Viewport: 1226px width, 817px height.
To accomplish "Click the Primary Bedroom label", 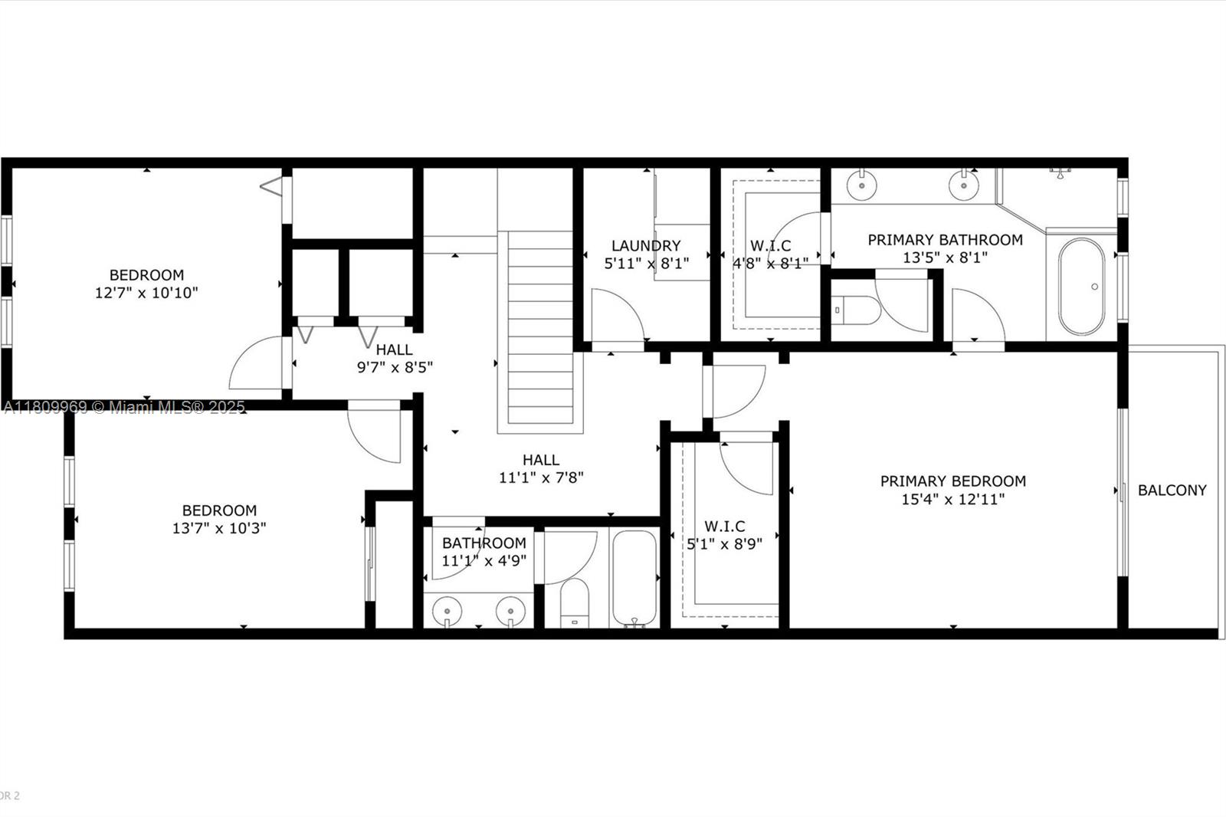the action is pos(953,481).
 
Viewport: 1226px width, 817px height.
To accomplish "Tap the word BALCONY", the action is pos(1172,490).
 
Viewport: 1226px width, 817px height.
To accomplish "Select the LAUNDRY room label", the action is pos(646,246).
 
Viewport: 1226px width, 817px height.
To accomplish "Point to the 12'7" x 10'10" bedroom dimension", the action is pos(146,293).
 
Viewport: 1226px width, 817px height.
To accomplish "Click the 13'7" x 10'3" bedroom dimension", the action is pos(219,528).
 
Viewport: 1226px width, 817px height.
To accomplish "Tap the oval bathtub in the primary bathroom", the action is pos(1081,287).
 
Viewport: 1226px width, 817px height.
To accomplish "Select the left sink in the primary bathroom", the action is pos(862,185).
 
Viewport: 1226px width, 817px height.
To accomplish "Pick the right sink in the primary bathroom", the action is pos(963,185).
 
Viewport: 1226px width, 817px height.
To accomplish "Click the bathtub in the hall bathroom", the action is pos(634,578).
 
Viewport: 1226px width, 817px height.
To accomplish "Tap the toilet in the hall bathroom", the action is pos(574,602).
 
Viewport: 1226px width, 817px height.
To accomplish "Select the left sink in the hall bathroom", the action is pos(447,611).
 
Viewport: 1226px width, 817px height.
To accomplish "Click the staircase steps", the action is pos(540,327).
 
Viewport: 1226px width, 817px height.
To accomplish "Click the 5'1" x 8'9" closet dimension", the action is pos(724,544).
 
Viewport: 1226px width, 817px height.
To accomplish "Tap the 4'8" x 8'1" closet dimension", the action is pos(771,264).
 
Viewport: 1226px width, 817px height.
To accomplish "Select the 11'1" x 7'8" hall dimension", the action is pos(541,478).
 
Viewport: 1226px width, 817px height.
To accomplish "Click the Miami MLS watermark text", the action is pos(125,408).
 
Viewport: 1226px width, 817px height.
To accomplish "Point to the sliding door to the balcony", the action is pos(1122,492).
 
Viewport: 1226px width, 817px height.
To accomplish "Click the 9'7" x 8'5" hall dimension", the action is pos(395,367).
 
